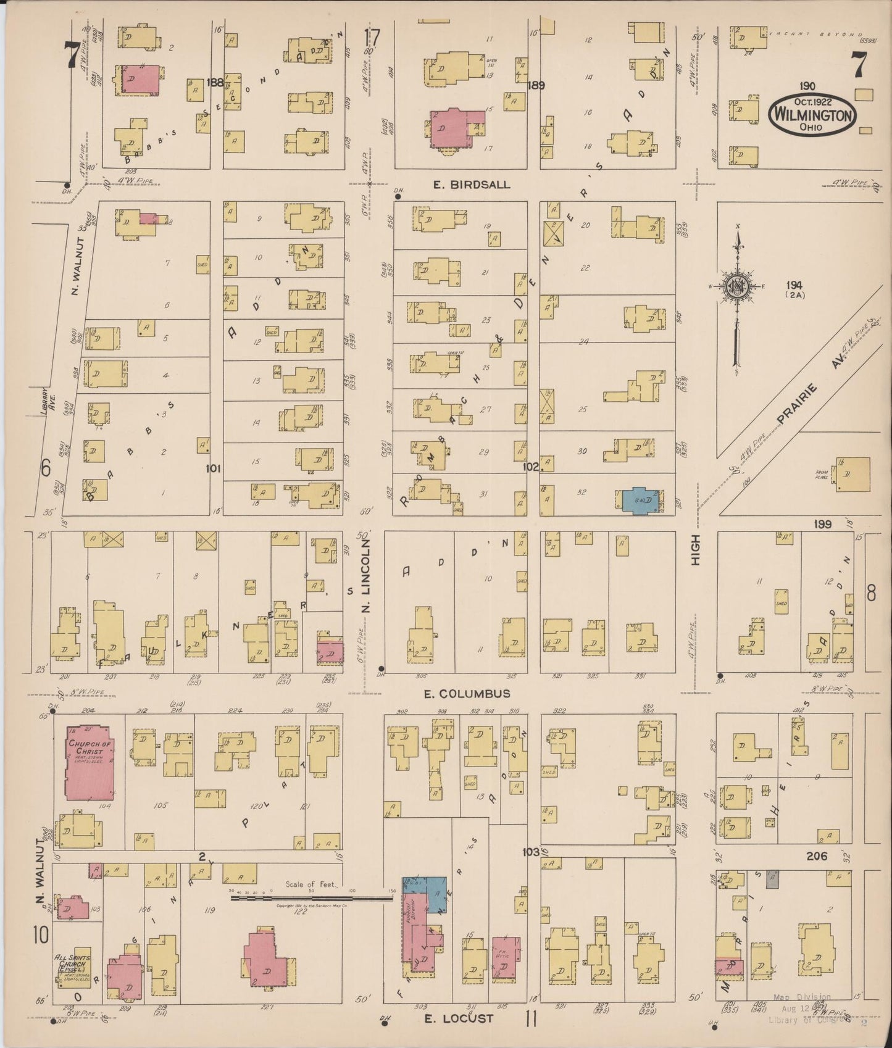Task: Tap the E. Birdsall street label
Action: click(x=472, y=185)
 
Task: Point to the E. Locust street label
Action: click(x=459, y=1018)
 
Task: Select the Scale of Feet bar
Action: click(x=312, y=898)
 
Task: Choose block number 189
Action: click(x=536, y=86)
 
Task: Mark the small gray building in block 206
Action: click(x=771, y=879)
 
